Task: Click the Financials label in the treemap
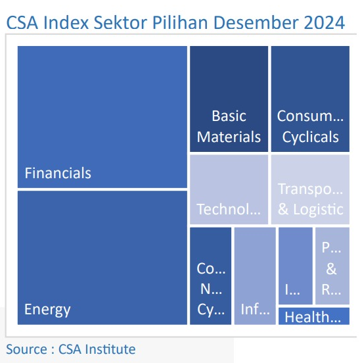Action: click(x=58, y=174)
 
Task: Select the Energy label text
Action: click(x=47, y=309)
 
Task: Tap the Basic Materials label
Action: click(x=229, y=127)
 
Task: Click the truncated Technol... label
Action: click(x=229, y=210)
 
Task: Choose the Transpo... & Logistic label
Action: click(x=310, y=200)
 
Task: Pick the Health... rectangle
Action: click(x=313, y=317)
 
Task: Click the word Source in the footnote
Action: click(x=25, y=349)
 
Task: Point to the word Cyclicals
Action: click(x=310, y=137)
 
